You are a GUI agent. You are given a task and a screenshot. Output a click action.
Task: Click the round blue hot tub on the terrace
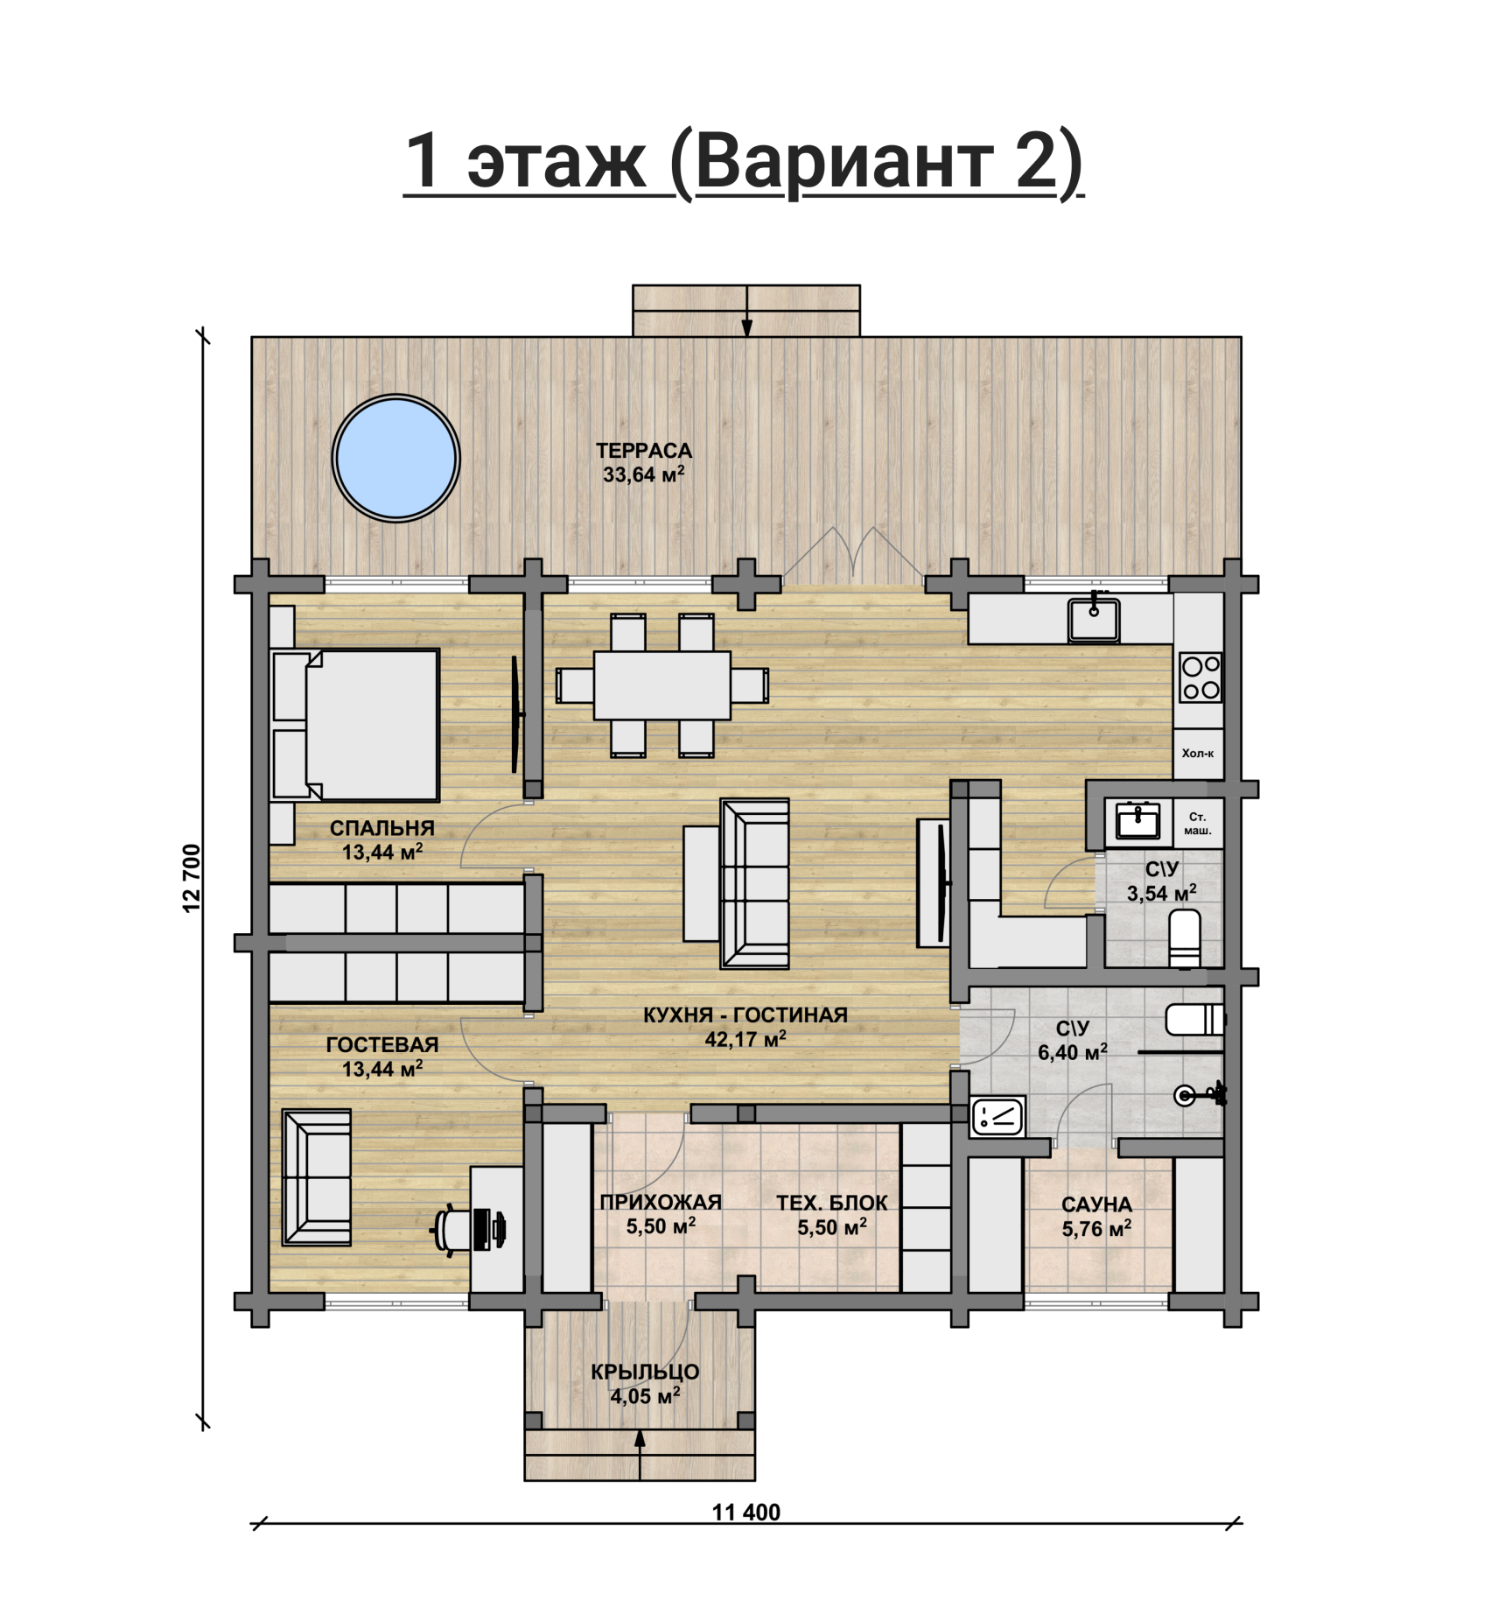click(396, 459)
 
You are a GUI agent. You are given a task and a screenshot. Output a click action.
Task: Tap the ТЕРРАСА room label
click(644, 451)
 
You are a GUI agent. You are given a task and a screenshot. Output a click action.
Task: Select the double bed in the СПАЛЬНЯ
click(355, 725)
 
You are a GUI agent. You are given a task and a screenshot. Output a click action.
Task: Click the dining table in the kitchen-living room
click(662, 685)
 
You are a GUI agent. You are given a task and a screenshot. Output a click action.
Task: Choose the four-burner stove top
click(1200, 678)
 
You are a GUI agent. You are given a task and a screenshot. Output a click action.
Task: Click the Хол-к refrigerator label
click(1198, 753)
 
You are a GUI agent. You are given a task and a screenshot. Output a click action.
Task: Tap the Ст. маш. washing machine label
click(1198, 824)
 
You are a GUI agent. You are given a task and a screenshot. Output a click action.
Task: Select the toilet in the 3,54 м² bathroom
click(1185, 938)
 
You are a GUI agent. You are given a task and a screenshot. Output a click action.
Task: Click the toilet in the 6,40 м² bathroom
click(1195, 1020)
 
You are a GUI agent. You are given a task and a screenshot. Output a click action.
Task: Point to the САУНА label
click(1096, 1204)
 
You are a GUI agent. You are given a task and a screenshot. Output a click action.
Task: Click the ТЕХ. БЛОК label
click(832, 1203)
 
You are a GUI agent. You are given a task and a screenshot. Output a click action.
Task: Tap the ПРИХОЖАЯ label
click(661, 1202)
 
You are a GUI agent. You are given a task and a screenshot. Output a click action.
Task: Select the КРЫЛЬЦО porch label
click(645, 1372)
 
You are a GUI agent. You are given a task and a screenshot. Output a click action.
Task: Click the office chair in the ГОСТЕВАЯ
click(451, 1231)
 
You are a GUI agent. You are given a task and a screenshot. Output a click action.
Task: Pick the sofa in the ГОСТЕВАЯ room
click(317, 1177)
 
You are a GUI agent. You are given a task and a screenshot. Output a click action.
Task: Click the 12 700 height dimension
click(192, 878)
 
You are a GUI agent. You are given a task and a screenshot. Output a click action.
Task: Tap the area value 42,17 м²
click(745, 1039)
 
